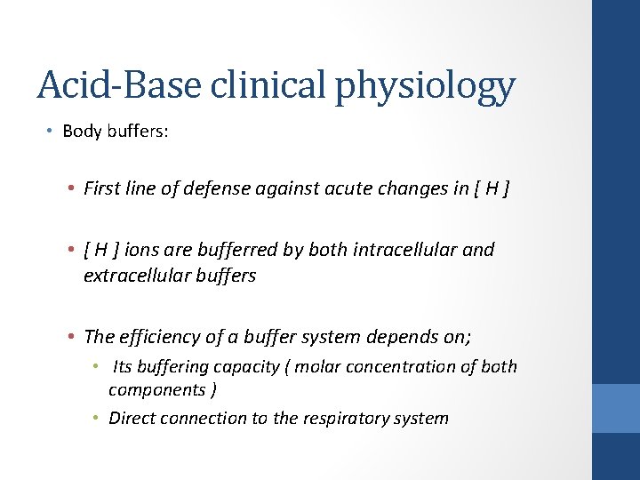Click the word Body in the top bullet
[94, 131]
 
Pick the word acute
[332, 188]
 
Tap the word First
[104, 188]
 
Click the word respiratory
[334, 418]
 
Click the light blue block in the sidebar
[616, 408]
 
